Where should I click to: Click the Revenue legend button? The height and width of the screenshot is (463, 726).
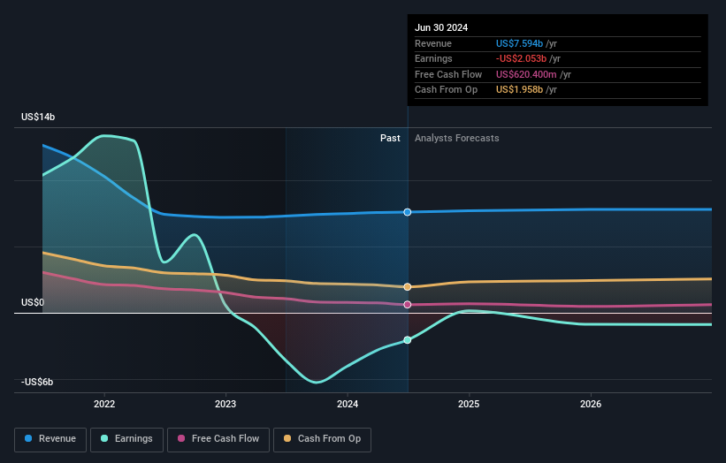click(51, 438)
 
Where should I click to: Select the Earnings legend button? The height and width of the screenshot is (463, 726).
click(127, 438)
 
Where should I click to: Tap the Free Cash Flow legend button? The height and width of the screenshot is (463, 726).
click(218, 438)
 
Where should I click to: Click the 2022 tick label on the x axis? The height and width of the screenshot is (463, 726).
click(104, 404)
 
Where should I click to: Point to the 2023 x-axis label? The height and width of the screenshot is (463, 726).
click(225, 404)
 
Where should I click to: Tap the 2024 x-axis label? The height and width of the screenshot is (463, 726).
click(348, 404)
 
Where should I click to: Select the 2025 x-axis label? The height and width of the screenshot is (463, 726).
click(469, 404)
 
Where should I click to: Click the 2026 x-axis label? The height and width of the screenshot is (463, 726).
click(591, 404)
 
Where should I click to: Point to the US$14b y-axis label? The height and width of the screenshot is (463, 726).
click(40, 117)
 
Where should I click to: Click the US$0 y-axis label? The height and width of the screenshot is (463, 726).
click(34, 303)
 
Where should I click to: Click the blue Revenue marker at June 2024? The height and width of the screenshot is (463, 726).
click(408, 212)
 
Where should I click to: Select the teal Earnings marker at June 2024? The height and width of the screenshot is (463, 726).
click(408, 340)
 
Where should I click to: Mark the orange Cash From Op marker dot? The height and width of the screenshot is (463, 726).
click(408, 287)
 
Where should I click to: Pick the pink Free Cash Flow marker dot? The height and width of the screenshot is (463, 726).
click(408, 305)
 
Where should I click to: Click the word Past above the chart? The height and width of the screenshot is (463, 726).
click(390, 138)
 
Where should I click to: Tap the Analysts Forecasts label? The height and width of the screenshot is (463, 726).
click(456, 138)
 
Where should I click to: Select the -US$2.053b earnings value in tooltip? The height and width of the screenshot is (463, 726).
click(525, 59)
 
